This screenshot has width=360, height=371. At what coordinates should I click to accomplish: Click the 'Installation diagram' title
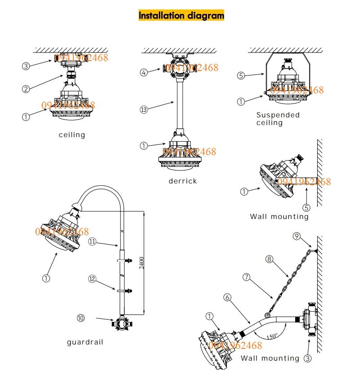181,16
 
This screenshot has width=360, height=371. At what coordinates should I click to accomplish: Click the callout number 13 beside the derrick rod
144,110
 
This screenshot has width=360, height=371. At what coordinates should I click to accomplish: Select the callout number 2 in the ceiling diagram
26,89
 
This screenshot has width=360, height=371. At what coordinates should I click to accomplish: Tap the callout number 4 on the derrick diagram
144,72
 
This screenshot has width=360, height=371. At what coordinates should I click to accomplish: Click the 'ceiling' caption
72,135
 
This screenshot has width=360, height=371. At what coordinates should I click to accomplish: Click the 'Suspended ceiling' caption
278,119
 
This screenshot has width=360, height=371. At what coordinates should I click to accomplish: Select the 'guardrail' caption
85,342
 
